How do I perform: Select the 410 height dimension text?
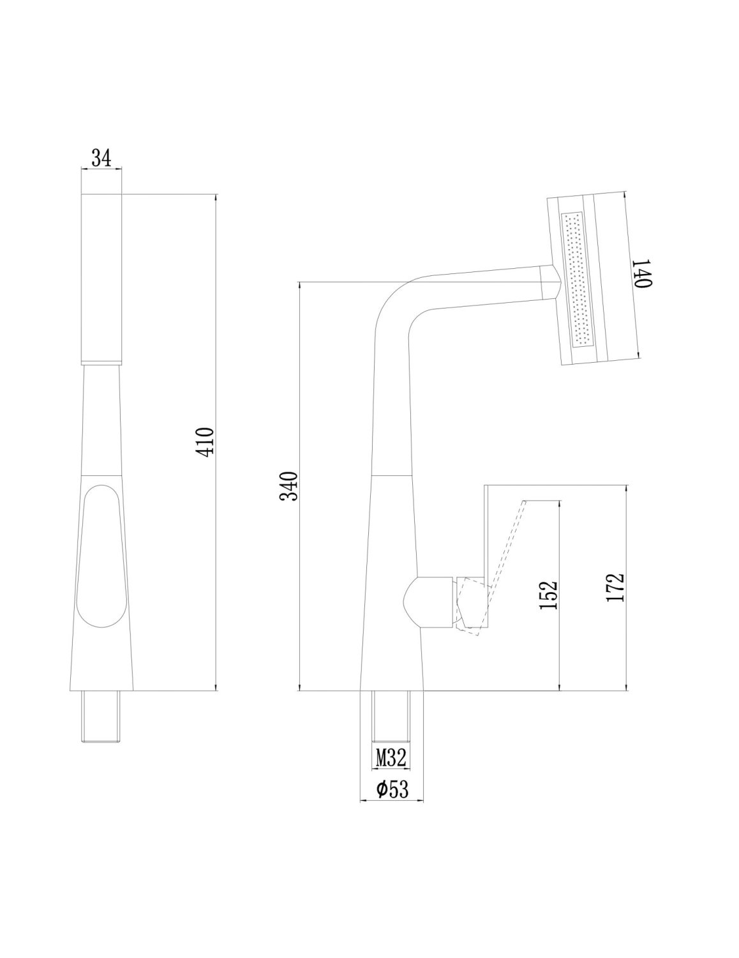pyautogui.click(x=205, y=442)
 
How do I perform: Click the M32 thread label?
pyautogui.click(x=389, y=759)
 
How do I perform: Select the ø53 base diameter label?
pyautogui.click(x=392, y=790)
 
